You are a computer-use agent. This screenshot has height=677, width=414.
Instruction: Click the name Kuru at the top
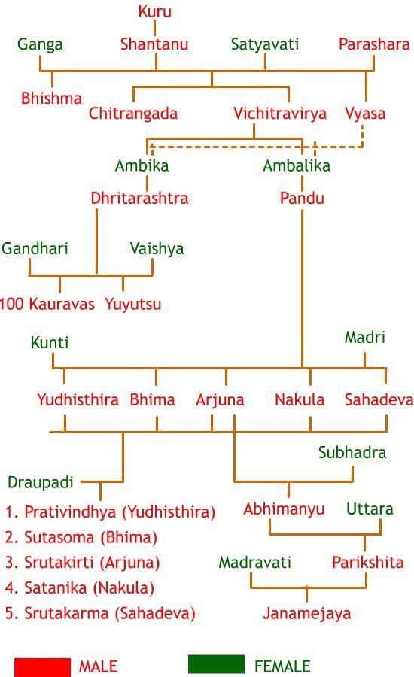[x=155, y=11]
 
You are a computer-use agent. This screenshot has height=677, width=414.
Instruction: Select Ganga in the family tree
[x=40, y=44]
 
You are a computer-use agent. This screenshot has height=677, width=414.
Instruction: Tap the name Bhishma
[x=51, y=98]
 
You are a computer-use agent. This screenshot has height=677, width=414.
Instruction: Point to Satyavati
[x=264, y=44]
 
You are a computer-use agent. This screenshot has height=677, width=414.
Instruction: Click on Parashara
[x=374, y=44]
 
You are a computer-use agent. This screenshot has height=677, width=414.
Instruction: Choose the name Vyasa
[x=365, y=114]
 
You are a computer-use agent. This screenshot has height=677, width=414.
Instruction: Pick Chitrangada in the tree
[x=133, y=114]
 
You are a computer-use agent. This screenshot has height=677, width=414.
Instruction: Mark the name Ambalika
[x=297, y=165]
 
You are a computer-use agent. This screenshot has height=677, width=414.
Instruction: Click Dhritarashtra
[x=139, y=198]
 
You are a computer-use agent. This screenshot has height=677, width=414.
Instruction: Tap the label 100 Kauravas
[x=47, y=304]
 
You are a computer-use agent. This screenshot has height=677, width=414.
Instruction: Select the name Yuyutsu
[x=133, y=305]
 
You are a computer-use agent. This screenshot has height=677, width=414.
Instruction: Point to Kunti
[x=50, y=342]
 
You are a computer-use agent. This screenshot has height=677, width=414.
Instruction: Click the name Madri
[x=365, y=337]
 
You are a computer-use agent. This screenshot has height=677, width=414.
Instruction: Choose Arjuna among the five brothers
[x=220, y=400]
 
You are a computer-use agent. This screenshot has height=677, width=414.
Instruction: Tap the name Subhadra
[x=352, y=452]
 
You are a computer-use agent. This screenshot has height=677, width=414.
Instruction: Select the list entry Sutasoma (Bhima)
[x=81, y=538]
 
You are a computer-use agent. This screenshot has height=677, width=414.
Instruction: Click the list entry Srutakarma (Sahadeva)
[x=100, y=614]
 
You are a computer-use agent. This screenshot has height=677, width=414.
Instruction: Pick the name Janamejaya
[x=307, y=614]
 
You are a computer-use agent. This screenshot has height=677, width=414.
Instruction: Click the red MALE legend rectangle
[x=42, y=667]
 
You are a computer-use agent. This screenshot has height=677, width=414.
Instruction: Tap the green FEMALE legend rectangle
[x=216, y=664]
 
